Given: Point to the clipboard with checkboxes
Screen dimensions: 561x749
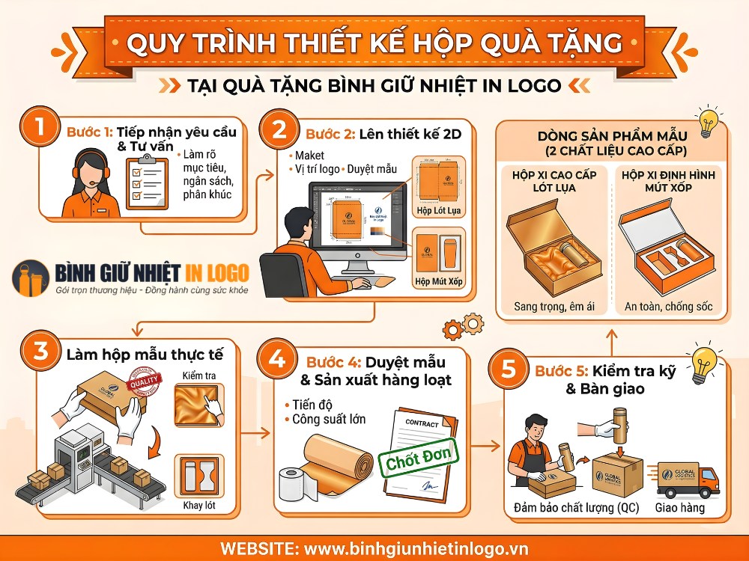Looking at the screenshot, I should (x=146, y=182).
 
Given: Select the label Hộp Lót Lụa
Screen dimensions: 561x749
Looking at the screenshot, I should (x=438, y=211).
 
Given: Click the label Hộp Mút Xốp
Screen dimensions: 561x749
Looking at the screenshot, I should (x=438, y=282).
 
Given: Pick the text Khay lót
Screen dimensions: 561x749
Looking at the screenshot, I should (x=198, y=506).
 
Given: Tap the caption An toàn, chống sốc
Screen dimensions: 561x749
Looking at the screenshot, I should (x=668, y=307).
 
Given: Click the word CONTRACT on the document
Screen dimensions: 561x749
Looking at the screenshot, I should (x=422, y=423).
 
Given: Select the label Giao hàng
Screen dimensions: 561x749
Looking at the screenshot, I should (x=679, y=508).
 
